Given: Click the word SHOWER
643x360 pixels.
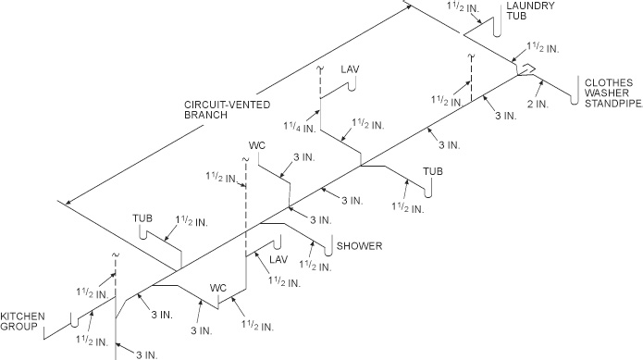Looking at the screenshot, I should point(360,246).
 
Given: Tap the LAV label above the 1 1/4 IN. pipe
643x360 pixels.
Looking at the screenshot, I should point(350,69).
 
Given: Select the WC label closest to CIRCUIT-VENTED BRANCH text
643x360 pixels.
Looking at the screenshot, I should point(258,145).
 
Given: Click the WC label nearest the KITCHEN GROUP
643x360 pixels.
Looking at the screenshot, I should point(219,287).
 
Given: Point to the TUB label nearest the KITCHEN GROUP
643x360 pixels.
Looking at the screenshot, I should point(142,218).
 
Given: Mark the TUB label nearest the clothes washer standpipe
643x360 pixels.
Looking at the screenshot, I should point(433,172).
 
